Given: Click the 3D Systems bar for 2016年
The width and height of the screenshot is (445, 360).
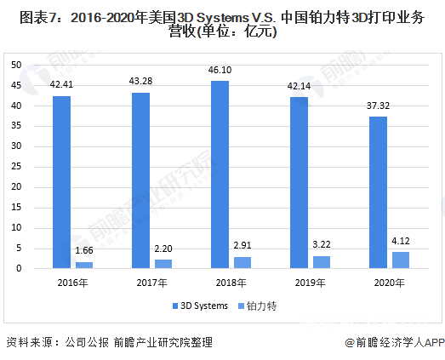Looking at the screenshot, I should click(61, 182).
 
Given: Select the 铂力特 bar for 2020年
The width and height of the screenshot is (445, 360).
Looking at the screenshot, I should click(401, 260).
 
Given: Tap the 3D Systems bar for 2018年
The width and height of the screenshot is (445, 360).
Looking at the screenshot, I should click(220, 174).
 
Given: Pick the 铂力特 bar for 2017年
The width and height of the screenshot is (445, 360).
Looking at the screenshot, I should click(163, 264).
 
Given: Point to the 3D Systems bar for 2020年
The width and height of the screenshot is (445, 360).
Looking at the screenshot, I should click(378, 192).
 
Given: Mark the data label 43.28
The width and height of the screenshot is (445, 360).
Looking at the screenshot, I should click(140, 84).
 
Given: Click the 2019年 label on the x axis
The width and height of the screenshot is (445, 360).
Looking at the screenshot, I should click(310, 283).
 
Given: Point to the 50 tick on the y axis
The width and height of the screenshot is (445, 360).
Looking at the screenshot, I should click(16, 65).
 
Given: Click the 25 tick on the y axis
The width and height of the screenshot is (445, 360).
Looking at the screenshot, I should click(16, 167).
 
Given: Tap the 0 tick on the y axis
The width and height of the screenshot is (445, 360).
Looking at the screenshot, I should click(19, 269).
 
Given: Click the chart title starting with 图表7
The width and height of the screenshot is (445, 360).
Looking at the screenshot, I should click(222, 24).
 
